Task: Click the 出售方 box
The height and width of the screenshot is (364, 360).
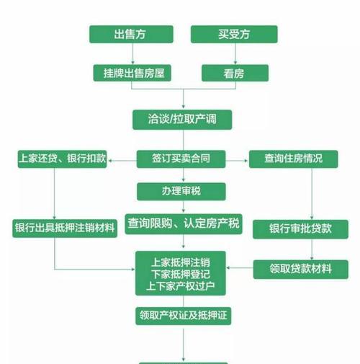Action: pyautogui.click(x=131, y=35)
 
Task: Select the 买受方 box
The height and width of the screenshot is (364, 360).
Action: pyautogui.click(x=234, y=35)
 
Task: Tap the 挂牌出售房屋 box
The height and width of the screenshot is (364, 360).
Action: pyautogui.click(x=132, y=73)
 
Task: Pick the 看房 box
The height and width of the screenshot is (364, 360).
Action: pyautogui.click(x=235, y=73)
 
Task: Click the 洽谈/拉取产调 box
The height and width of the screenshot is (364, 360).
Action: pyautogui.click(x=182, y=120)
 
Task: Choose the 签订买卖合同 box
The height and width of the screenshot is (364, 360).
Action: pyautogui.click(x=181, y=159)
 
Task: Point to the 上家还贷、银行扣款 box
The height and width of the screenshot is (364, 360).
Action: pyautogui.click(x=62, y=159)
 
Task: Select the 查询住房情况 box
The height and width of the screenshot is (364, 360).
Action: pyautogui.click(x=293, y=159)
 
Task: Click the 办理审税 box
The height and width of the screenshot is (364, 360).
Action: pyautogui.click(x=181, y=192)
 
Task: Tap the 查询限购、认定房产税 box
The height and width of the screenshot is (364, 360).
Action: pyautogui.click(x=184, y=224)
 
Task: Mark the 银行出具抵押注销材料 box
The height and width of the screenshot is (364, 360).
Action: pyautogui.click(x=65, y=228)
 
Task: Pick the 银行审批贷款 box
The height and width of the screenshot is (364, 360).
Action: pyautogui.click(x=300, y=229)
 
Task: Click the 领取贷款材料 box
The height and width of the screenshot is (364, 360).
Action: pyautogui.click(x=300, y=270)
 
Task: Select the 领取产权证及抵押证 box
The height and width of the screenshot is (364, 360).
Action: pyautogui.click(x=183, y=316)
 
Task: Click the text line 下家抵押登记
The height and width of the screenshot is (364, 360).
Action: pyautogui.click(x=181, y=274)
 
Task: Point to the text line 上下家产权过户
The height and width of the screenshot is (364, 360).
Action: pyautogui.click(x=181, y=286)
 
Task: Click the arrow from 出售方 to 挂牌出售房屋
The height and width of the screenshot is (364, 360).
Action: pyautogui.click(x=132, y=54)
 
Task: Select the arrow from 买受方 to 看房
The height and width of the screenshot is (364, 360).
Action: pyautogui.click(x=235, y=54)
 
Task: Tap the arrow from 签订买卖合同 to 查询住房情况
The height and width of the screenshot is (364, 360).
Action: pyautogui.click(x=237, y=161)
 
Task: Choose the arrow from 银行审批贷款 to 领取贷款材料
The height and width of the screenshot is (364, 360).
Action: pyautogui.click(x=312, y=249)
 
